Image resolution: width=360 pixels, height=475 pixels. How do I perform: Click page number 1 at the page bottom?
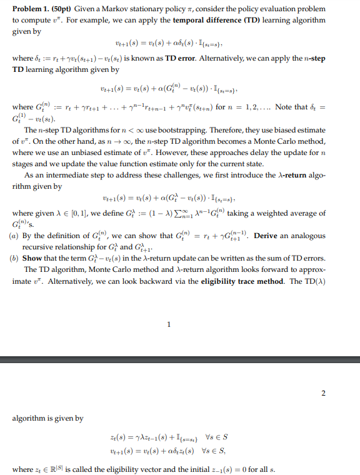coord(169,324)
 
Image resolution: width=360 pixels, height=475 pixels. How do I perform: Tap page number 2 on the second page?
coord(324,393)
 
